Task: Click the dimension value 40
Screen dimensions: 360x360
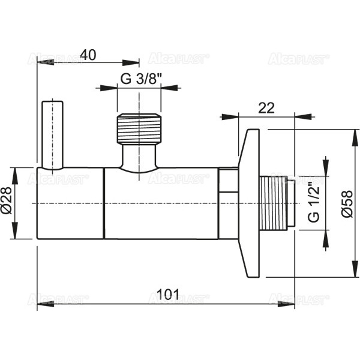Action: point(88,55)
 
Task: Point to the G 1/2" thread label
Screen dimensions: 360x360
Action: point(313,202)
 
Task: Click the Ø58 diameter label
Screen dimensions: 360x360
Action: point(343,203)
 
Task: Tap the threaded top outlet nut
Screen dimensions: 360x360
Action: point(139,128)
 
